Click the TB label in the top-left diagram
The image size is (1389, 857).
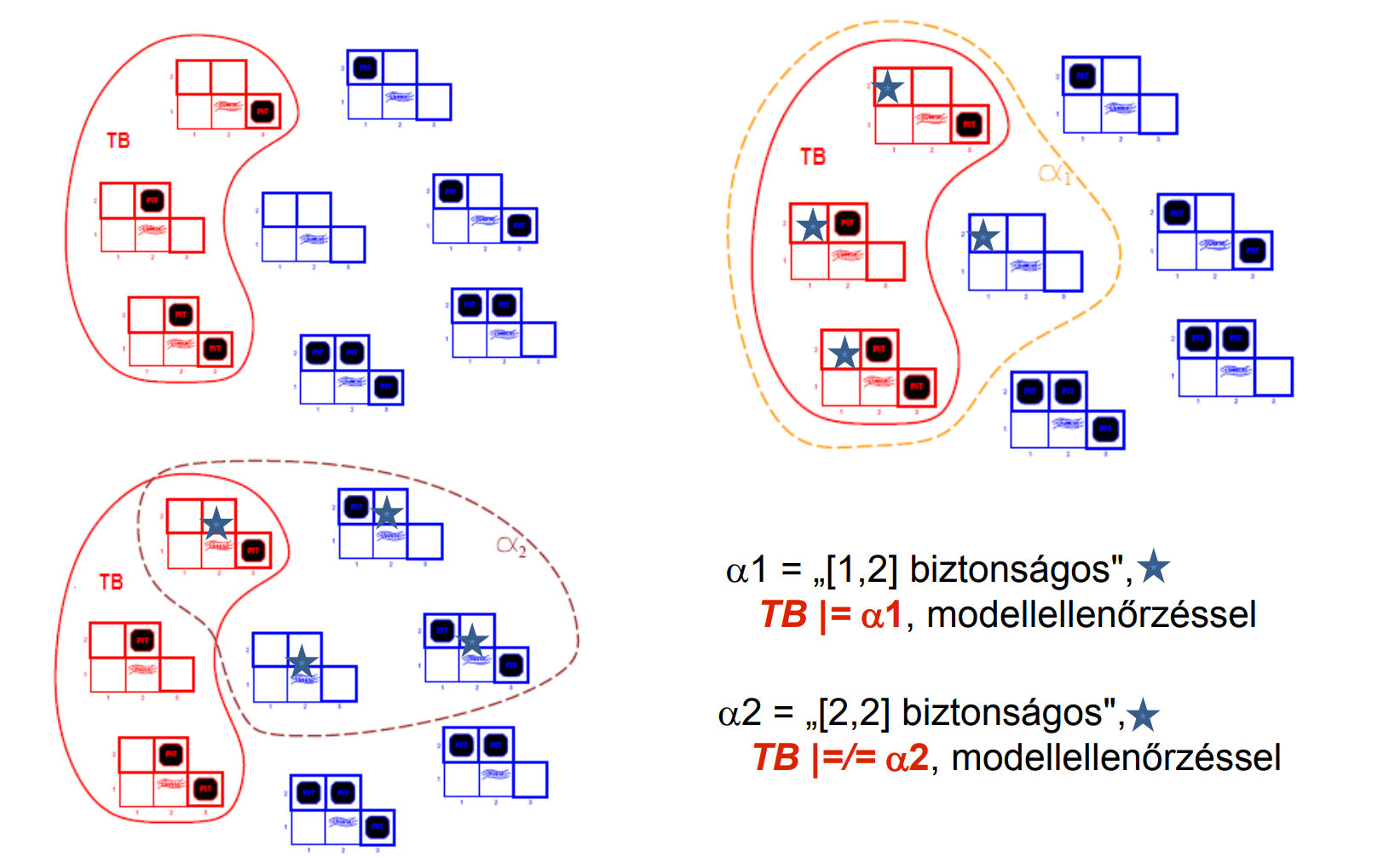click(118, 141)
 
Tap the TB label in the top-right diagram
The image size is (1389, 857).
click(813, 157)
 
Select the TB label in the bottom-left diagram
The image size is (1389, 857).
click(111, 582)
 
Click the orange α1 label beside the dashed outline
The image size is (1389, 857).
click(1054, 174)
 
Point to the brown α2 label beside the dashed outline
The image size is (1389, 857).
click(511, 546)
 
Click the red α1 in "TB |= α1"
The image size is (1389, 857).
click(881, 615)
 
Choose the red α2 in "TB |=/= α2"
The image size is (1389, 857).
click(907, 758)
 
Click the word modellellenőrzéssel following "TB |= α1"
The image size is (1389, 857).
click(1091, 615)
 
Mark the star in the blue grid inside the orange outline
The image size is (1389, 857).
click(983, 236)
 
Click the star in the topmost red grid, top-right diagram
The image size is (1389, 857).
click(888, 87)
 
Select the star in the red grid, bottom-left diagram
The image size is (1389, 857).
click(216, 523)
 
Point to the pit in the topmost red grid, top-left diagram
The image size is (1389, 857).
click(262, 112)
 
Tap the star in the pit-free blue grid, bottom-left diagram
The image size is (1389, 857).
click(302, 662)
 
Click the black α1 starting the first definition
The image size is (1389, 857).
click(746, 569)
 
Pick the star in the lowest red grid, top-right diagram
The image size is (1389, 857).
click(844, 353)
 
